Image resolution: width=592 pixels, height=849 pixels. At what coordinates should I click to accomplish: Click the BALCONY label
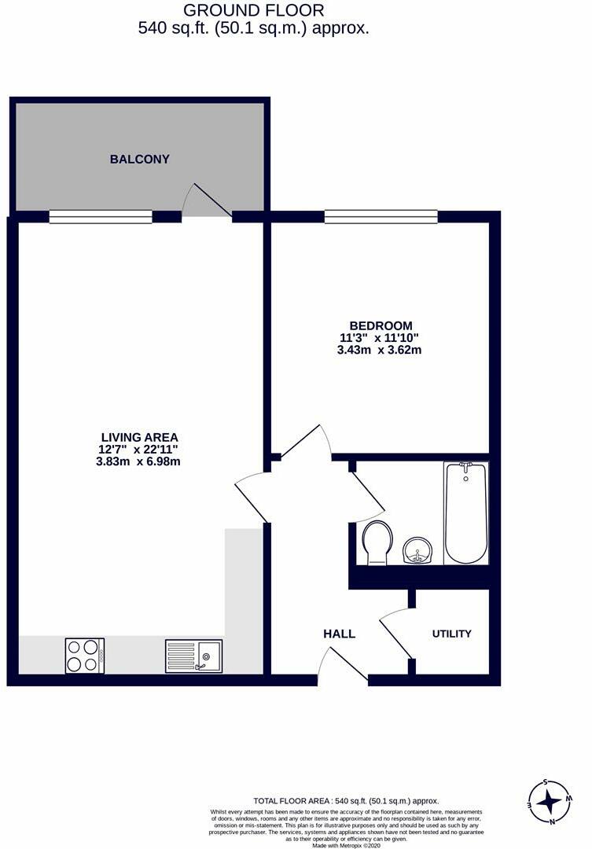[139, 160]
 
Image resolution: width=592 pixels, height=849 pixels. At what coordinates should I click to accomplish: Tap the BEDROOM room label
[381, 325]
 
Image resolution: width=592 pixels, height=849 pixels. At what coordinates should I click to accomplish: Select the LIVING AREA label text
[139, 437]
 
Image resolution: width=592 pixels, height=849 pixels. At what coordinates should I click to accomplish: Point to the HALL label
[339, 634]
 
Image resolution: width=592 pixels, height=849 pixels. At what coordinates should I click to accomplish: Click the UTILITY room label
[451, 634]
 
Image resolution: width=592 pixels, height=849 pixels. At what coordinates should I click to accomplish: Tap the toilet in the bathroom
[378, 542]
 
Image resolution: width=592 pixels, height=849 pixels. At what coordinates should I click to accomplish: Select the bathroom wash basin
[417, 550]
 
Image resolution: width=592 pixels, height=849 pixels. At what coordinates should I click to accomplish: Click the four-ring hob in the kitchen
[84, 655]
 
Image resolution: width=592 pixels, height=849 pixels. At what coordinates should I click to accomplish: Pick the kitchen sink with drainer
[193, 656]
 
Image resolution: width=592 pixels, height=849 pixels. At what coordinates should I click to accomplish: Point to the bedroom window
[381, 216]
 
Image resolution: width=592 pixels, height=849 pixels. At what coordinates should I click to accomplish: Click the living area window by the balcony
[100, 216]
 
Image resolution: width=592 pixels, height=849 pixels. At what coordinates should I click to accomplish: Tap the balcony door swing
[206, 201]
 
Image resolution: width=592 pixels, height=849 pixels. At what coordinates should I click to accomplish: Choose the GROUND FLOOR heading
[253, 11]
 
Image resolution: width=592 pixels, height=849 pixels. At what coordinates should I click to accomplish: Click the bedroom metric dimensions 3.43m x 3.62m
[381, 351]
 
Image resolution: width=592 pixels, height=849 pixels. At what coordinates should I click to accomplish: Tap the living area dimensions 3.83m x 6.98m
[139, 462]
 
